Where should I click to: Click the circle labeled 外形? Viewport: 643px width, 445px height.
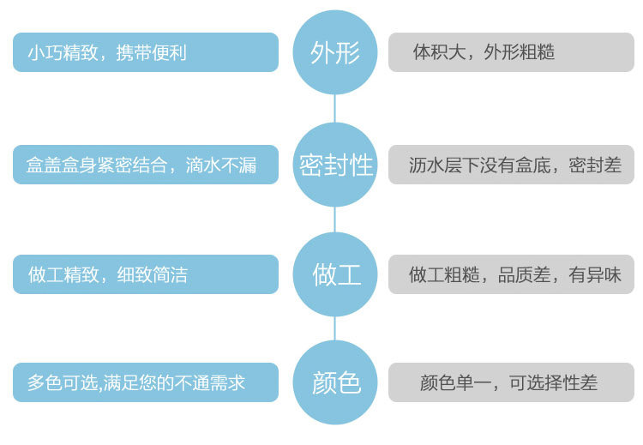(334, 52)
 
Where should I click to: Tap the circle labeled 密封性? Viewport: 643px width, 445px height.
(334, 165)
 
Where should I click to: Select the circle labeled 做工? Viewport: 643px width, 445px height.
(334, 274)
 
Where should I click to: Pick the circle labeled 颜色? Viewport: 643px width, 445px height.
(334, 382)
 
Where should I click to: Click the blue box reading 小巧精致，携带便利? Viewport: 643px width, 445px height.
(146, 52)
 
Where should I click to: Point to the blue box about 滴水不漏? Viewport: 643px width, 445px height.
(146, 165)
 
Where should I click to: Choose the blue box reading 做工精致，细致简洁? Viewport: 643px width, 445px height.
(146, 274)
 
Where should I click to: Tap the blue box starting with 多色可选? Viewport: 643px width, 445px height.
(146, 382)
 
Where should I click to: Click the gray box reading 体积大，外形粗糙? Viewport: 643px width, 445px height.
(511, 52)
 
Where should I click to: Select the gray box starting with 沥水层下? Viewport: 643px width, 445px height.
(511, 165)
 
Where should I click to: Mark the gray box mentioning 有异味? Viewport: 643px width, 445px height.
(511, 274)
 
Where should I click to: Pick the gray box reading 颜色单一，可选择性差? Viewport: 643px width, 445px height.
(511, 382)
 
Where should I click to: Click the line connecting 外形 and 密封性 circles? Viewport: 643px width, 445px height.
(334, 109)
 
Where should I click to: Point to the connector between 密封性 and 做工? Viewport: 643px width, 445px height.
(334, 219)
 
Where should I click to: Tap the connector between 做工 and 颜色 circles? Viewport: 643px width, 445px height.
(334, 328)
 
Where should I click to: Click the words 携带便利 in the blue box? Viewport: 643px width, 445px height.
(151, 52)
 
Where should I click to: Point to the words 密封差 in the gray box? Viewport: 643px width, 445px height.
(595, 165)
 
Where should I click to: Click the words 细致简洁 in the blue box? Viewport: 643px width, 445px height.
(152, 274)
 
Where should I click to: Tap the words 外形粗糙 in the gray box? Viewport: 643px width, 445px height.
(520, 52)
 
